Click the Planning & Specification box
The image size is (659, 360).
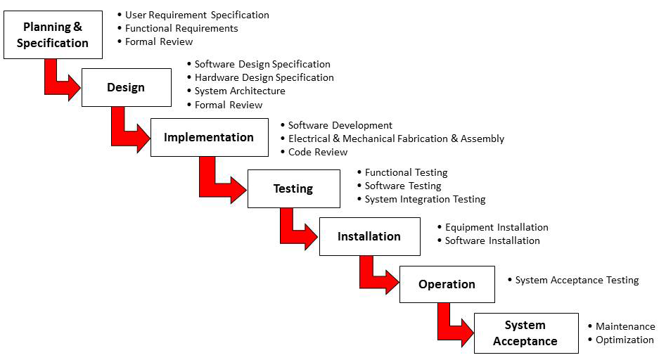click(x=53, y=34)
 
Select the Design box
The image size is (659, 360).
click(x=126, y=87)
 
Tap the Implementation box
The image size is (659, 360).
click(x=209, y=137)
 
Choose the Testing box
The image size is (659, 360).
click(x=293, y=188)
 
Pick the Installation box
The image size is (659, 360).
click(x=369, y=236)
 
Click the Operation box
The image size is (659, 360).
click(x=447, y=284)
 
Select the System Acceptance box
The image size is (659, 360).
click(x=525, y=333)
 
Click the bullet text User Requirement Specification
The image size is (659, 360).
click(x=197, y=15)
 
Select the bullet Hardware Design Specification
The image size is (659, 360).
click(x=264, y=77)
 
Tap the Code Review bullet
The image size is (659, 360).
click(x=317, y=152)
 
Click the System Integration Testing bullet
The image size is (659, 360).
click(x=425, y=199)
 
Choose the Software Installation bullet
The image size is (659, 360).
click(x=492, y=240)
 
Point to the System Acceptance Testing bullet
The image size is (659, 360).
click(x=577, y=280)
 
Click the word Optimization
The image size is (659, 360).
click(x=625, y=340)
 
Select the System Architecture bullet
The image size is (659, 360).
click(x=240, y=91)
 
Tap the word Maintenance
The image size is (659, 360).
click(x=625, y=326)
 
